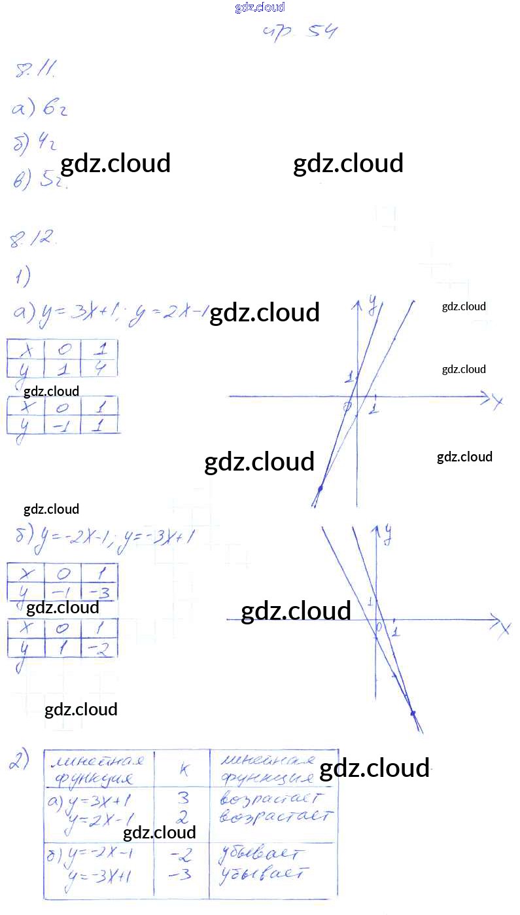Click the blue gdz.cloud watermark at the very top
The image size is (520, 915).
point(260,8)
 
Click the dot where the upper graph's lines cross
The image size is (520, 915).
point(321,489)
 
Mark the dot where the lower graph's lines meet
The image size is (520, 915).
point(413,713)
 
